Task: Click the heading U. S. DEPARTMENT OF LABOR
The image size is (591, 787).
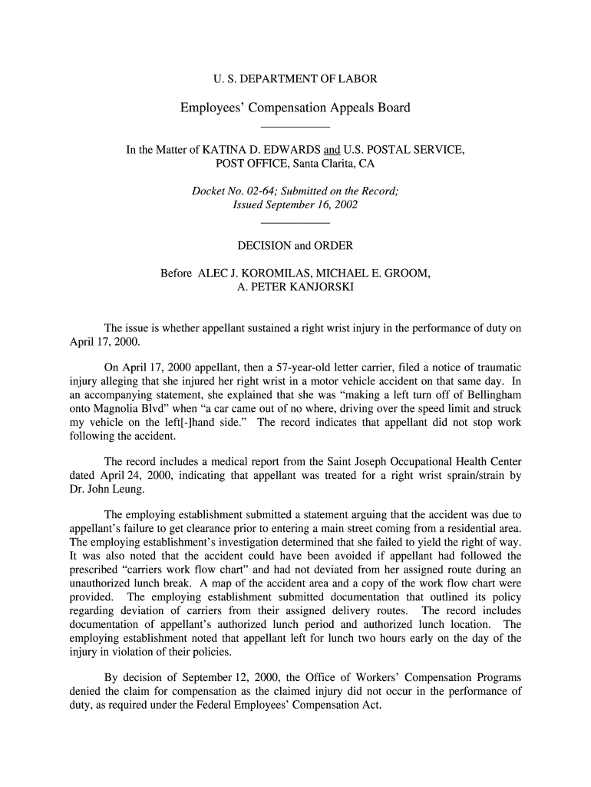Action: click(x=295, y=79)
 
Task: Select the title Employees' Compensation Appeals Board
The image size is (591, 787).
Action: click(x=295, y=108)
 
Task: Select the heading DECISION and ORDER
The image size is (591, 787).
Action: click(x=295, y=246)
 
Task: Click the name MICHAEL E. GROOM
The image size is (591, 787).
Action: click(x=371, y=274)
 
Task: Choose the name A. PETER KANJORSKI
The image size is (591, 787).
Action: click(x=295, y=287)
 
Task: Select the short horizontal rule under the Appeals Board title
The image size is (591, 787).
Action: click(x=295, y=126)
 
